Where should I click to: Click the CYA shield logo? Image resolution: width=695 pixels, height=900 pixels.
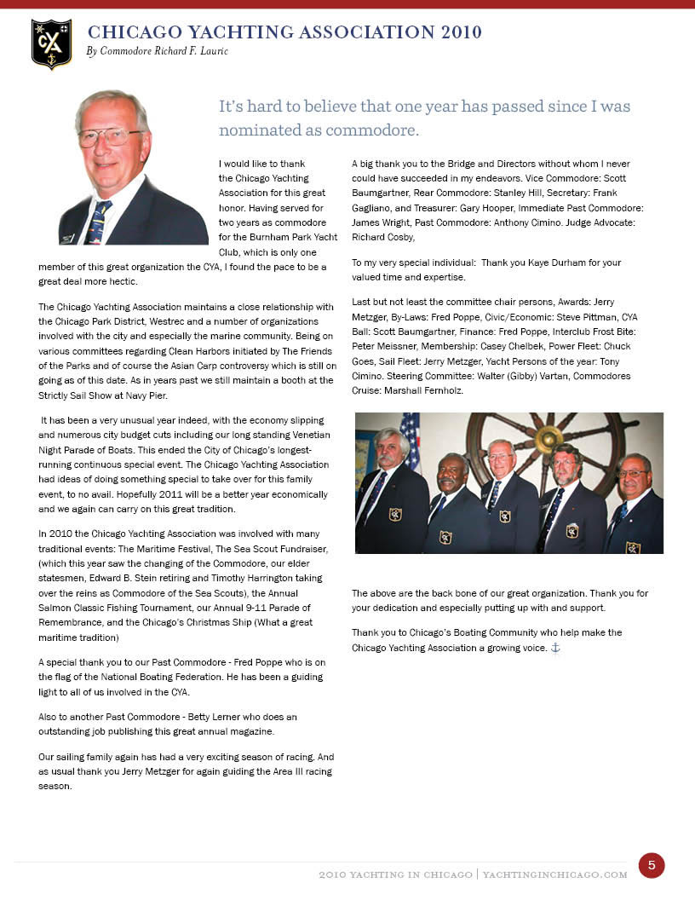[x=51, y=43]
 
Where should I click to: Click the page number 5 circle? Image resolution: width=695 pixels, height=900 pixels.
[x=651, y=865]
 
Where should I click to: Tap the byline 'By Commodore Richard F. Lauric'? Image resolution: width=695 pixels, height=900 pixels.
[x=157, y=52]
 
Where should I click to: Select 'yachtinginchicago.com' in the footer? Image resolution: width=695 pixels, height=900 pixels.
[x=554, y=874]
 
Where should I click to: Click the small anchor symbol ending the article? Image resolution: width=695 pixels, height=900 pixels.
[x=555, y=648]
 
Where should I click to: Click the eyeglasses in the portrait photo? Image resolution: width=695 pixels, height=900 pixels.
[x=111, y=136]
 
